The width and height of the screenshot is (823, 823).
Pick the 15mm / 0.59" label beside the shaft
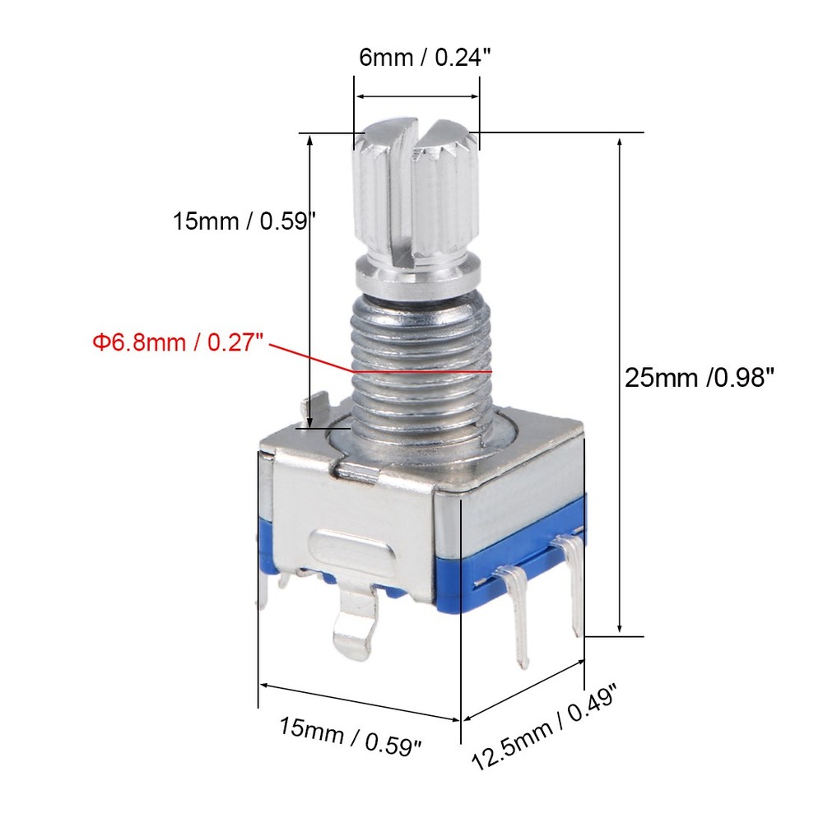[x=244, y=221]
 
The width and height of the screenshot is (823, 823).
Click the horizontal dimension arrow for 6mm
[x=417, y=96]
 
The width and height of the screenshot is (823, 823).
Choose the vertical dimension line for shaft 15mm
[x=309, y=280]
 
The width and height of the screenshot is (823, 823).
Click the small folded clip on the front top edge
[x=358, y=472]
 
